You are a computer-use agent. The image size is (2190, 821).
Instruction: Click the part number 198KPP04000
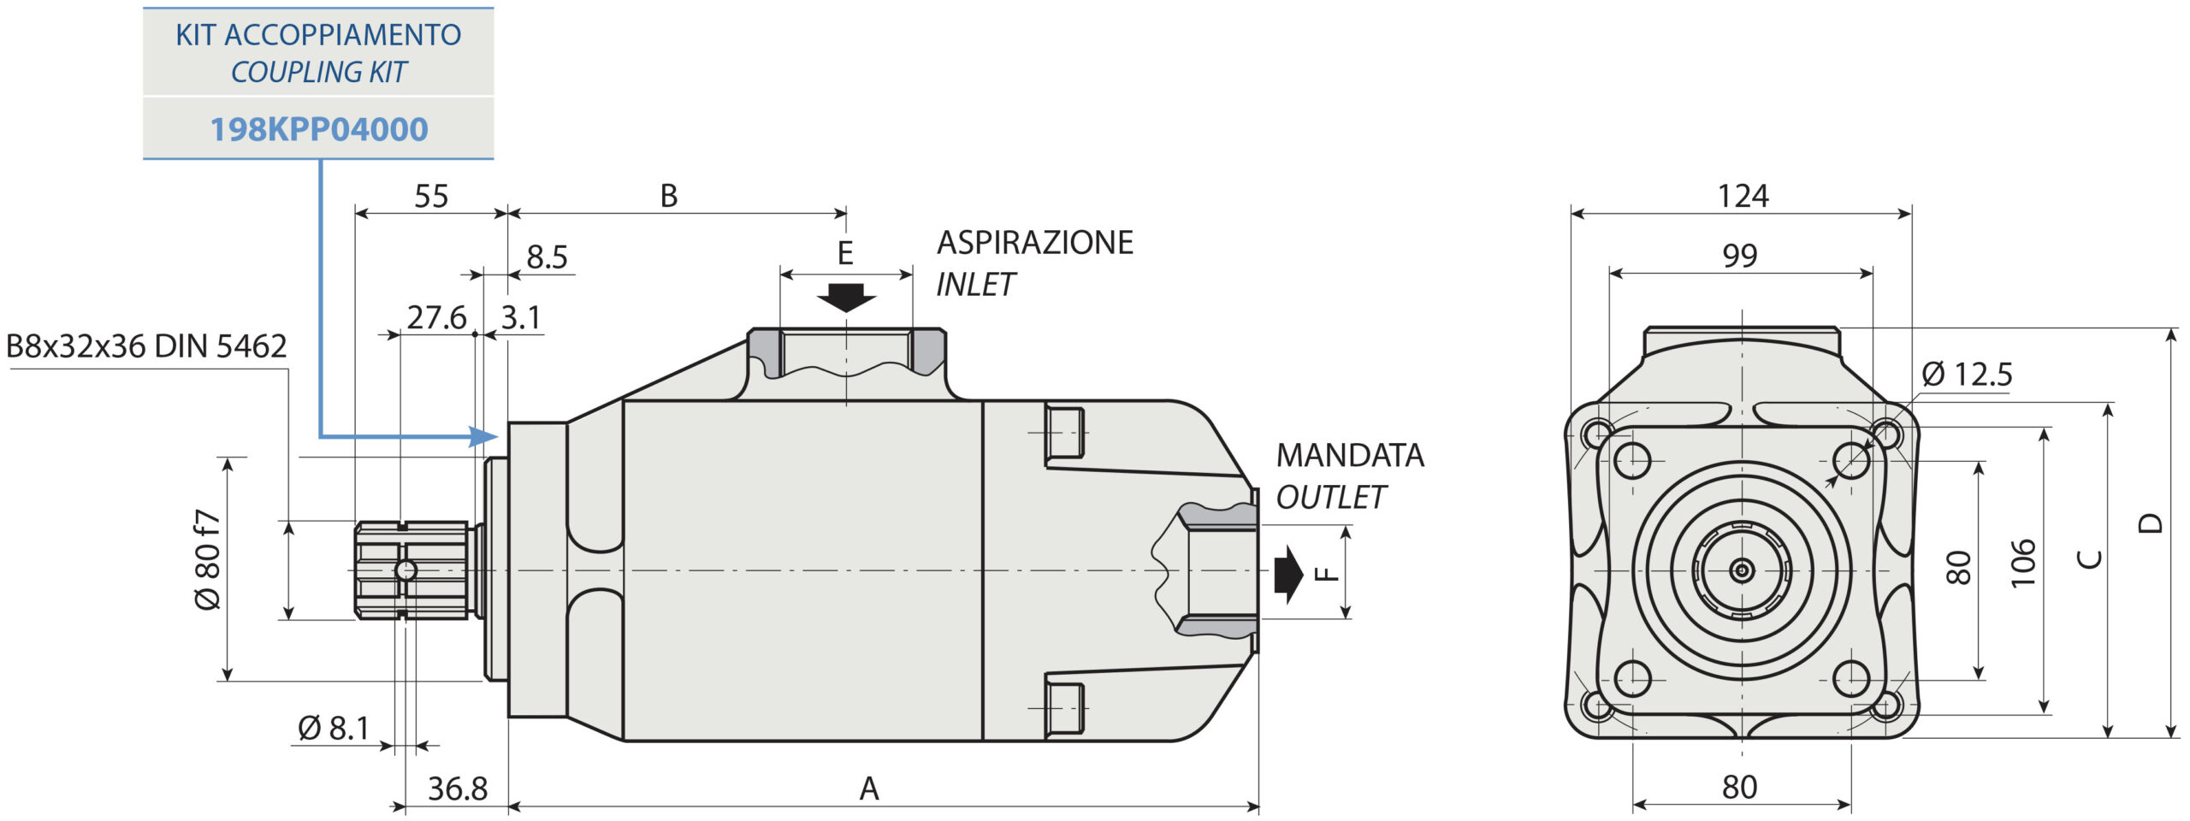[318, 129]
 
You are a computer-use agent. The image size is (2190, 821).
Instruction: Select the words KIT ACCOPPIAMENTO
[318, 35]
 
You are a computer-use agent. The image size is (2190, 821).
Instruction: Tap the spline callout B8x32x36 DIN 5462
[146, 346]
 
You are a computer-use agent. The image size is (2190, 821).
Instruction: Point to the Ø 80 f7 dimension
[208, 559]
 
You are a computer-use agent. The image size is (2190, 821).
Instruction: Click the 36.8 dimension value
[458, 789]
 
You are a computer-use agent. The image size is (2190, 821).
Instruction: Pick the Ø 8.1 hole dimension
[334, 729]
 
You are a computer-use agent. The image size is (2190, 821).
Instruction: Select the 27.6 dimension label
[436, 318]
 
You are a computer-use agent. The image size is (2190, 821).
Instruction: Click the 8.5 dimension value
[547, 257]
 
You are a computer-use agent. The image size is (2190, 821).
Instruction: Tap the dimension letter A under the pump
[869, 789]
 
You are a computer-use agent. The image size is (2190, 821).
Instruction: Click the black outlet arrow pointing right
[1288, 571]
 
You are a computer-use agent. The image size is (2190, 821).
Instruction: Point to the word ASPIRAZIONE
[1035, 243]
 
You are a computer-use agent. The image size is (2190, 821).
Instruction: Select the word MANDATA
[1350, 456]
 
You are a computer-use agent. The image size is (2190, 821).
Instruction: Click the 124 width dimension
[1743, 197]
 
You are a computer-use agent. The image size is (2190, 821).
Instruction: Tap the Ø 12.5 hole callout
[1967, 375]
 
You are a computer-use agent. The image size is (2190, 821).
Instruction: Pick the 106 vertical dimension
[2022, 563]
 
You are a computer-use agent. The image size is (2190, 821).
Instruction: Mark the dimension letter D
[2150, 523]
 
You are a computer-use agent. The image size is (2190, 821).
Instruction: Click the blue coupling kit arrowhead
[484, 437]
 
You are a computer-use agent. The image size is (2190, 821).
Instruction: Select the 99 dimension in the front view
[1740, 256]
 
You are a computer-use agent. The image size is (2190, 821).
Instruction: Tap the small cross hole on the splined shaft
[405, 570]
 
